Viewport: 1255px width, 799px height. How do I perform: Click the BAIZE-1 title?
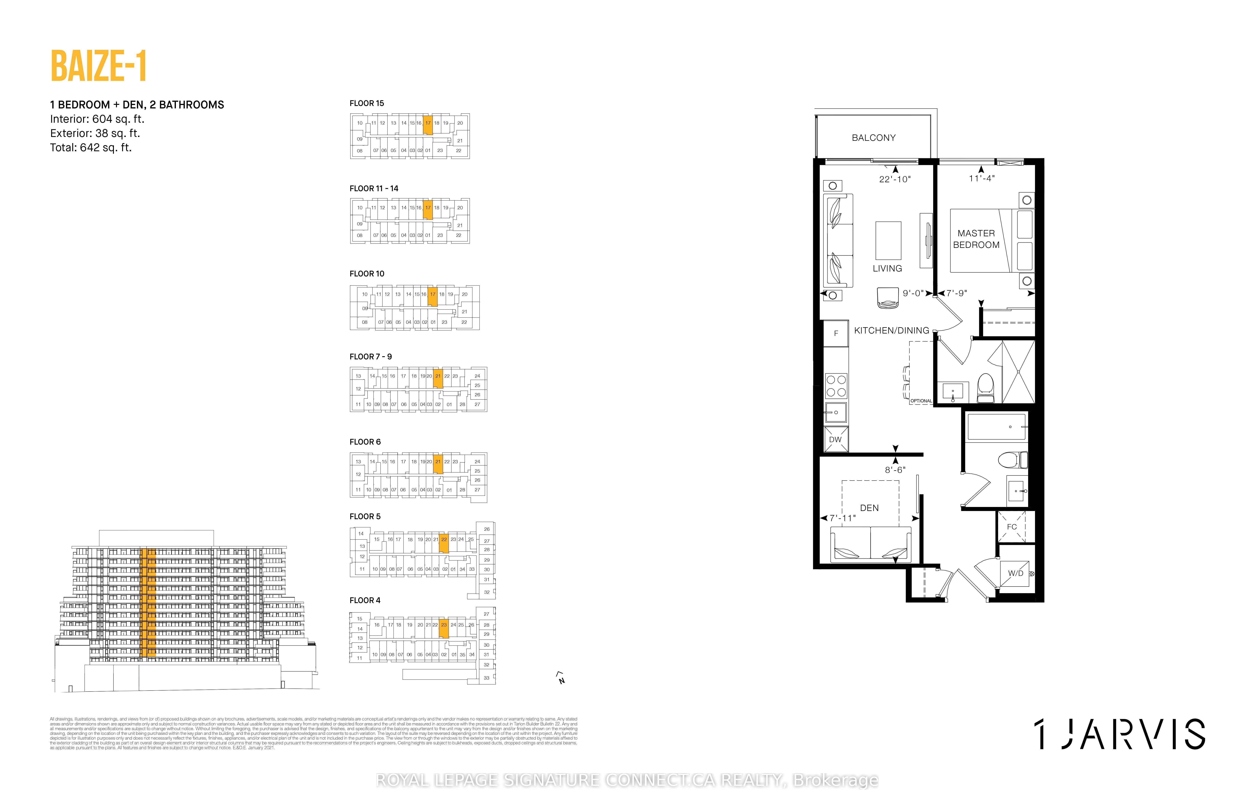(x=98, y=66)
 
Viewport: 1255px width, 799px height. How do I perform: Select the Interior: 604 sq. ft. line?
(x=97, y=119)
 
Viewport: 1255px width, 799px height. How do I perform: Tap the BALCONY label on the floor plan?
(x=874, y=138)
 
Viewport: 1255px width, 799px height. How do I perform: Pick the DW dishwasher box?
(x=836, y=439)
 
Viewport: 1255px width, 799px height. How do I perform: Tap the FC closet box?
(x=1012, y=527)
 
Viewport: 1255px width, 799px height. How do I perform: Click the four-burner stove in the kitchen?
(x=836, y=386)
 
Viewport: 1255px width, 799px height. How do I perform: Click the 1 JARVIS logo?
(x=1119, y=734)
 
